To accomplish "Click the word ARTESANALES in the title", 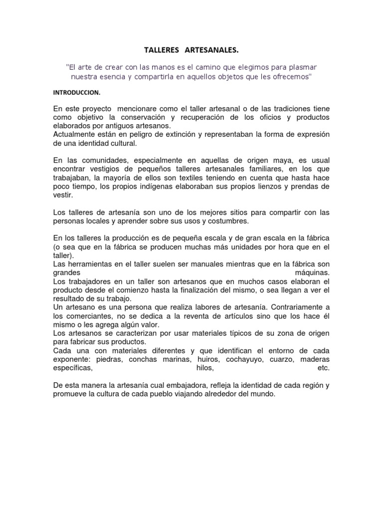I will click(212, 50).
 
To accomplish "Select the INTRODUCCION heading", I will click(77, 93).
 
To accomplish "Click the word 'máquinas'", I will click(312, 272).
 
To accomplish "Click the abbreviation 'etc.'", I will click(324, 368).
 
